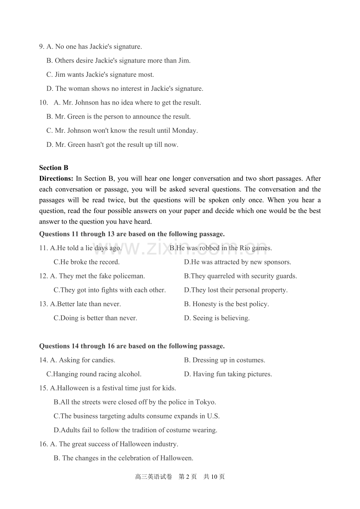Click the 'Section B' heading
click(x=54, y=168)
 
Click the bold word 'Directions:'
click(x=56, y=179)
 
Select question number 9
click(x=41, y=47)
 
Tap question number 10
click(x=43, y=103)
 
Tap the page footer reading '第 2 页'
click(x=187, y=477)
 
